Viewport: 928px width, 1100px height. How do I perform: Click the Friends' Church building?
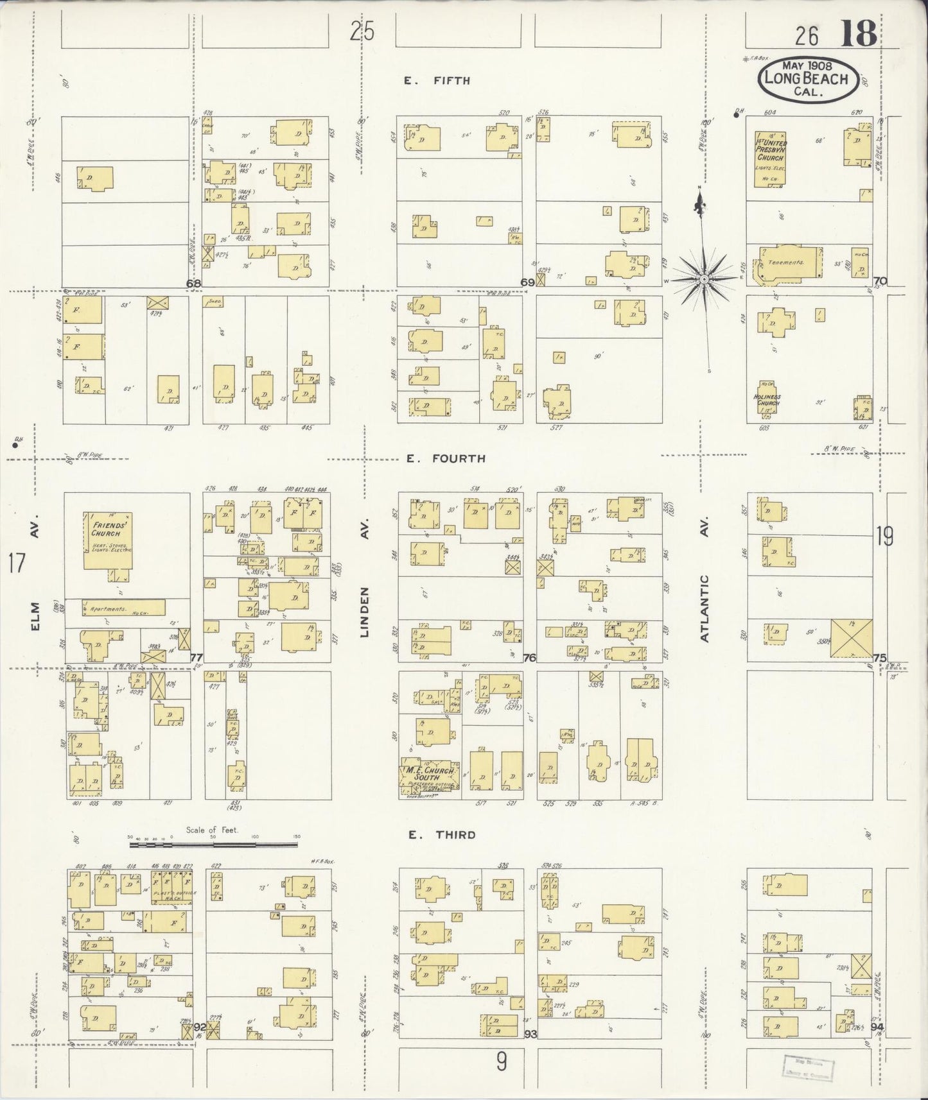pos(109,540)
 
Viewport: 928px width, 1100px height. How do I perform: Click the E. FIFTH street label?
pos(437,81)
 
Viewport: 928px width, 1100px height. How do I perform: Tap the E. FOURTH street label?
pos(445,459)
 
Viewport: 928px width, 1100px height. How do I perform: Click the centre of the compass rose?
pos(705,280)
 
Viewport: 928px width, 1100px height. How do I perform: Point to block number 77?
pos(197,658)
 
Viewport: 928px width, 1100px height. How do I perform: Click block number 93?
pos(530,1035)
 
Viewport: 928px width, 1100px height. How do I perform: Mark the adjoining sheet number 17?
pos(17,564)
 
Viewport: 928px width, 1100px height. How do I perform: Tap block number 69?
pos(527,282)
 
